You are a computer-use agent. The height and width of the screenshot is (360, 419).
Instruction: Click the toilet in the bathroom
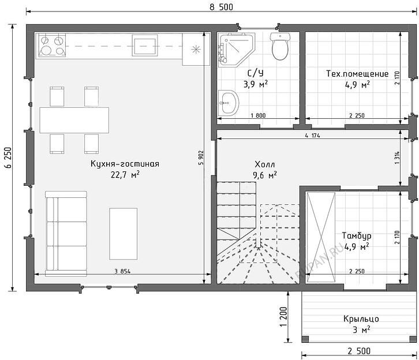click(280, 46)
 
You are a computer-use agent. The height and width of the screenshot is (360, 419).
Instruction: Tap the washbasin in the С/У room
click(229, 103)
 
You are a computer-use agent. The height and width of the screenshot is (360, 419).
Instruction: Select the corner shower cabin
click(236, 50)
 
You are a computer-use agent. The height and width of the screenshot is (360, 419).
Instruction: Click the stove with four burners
click(52, 45)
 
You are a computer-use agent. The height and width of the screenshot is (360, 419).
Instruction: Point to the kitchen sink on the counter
click(145, 46)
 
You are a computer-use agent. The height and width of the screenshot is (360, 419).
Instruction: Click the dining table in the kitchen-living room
click(74, 120)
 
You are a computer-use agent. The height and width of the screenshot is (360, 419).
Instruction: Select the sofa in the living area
click(66, 234)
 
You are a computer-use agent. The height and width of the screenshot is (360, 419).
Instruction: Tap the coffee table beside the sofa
click(123, 234)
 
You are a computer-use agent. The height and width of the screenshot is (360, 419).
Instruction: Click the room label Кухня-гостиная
click(125, 164)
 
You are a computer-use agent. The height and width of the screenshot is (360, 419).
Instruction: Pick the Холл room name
click(264, 164)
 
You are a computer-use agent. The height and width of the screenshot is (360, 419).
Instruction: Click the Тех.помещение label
click(357, 73)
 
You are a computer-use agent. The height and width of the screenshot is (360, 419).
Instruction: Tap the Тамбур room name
click(357, 235)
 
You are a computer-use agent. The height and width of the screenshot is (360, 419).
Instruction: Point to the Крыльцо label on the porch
click(361, 319)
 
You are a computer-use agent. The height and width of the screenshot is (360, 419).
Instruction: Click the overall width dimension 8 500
click(221, 7)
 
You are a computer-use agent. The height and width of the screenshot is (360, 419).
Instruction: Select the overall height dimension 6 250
click(8, 157)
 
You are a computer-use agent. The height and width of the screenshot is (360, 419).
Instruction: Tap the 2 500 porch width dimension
click(359, 351)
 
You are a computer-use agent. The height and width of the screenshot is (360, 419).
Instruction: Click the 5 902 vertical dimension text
click(201, 158)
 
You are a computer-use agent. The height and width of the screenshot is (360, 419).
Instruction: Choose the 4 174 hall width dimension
click(312, 136)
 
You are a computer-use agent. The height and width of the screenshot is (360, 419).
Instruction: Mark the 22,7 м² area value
click(125, 175)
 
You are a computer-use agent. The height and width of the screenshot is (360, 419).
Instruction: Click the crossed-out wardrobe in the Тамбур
click(320, 237)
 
